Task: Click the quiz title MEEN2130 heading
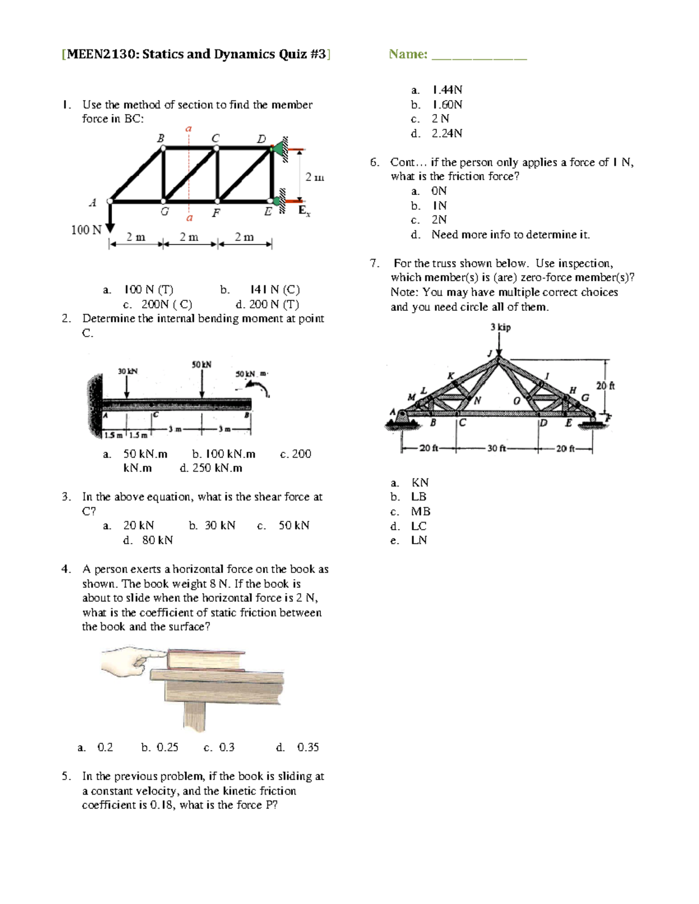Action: coord(196,55)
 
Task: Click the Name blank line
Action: coord(479,57)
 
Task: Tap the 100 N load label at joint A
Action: coord(86,230)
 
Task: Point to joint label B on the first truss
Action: coord(160,139)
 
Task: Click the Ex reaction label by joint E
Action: coord(304,211)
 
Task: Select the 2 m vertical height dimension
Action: coord(315,177)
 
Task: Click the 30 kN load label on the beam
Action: coord(128,371)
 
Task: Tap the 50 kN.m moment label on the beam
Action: coord(250,374)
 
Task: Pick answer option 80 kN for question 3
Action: coord(157,540)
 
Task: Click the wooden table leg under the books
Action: coord(195,718)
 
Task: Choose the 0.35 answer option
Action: coord(308,747)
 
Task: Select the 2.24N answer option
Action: coord(447,133)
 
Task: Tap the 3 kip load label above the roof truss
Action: coord(500,327)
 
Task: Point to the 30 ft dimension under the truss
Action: coord(497,448)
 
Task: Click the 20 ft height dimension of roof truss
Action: coord(605,385)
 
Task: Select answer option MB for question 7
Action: coord(421,512)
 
